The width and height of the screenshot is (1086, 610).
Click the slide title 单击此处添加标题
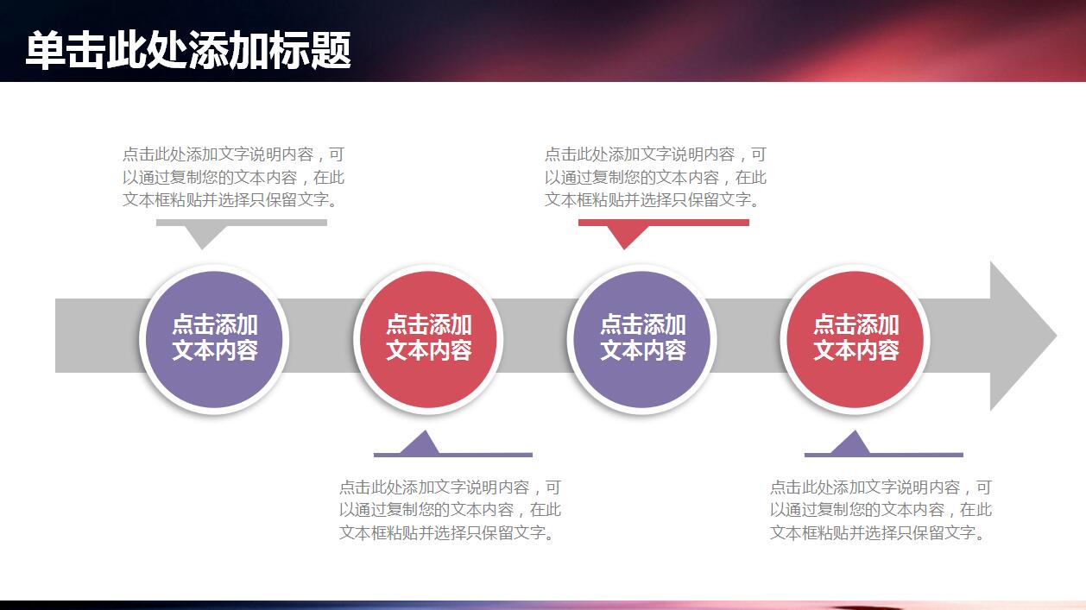tap(187, 50)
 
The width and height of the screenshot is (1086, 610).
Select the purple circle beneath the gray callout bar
tap(214, 338)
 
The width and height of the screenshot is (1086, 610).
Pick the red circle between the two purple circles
tap(428, 338)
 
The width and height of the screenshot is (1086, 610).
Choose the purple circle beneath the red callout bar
tap(642, 338)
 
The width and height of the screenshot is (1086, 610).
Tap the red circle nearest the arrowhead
tap(856, 338)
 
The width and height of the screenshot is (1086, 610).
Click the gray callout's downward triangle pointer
tap(202, 236)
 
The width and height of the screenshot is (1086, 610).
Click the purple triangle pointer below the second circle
tap(420, 443)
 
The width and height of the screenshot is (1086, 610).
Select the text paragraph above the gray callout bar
tap(233, 177)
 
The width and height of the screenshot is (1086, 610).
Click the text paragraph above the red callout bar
tap(655, 177)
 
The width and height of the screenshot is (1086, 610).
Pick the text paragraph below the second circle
tap(450, 510)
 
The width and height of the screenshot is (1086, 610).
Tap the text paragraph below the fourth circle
tap(881, 510)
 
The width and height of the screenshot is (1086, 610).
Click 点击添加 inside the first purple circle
tap(214, 325)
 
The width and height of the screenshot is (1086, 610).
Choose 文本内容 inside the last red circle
tap(856, 350)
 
